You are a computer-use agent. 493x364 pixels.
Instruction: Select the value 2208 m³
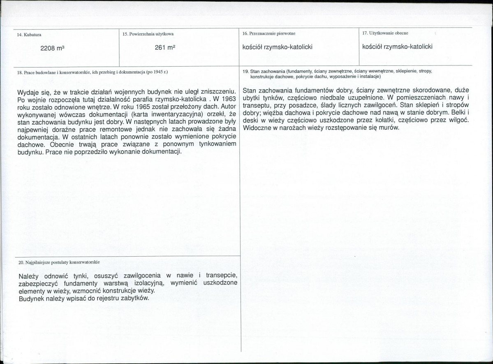pos(53,48)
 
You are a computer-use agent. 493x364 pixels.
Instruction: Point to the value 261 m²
pos(165,47)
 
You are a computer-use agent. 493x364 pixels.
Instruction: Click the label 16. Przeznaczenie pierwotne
pos(269,33)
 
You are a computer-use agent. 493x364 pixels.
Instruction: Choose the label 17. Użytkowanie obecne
pos(385,32)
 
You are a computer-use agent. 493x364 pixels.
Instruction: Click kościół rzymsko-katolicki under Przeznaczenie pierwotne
pos(278,47)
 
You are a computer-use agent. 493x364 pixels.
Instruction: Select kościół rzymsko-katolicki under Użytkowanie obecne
pos(397,46)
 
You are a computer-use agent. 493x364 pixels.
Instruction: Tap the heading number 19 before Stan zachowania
pos(245,71)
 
